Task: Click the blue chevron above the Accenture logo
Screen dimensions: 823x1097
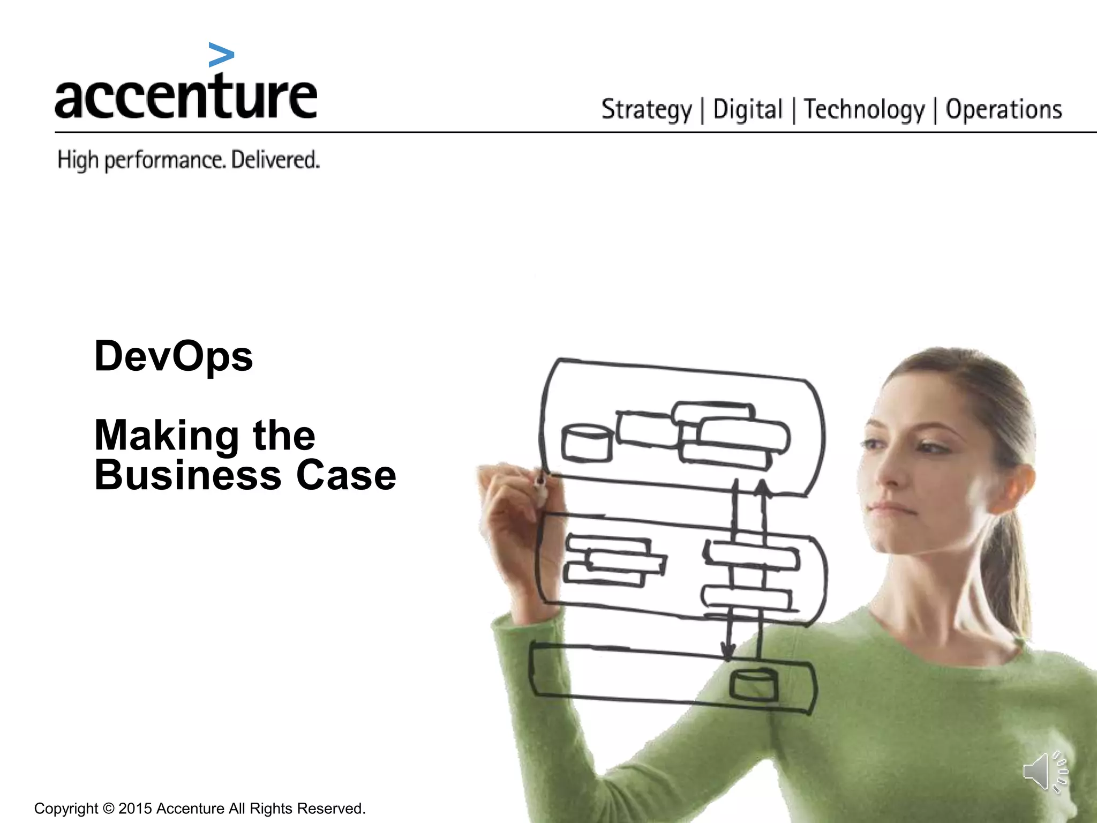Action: pyautogui.click(x=221, y=55)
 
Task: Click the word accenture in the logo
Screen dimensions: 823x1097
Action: pyautogui.click(x=186, y=96)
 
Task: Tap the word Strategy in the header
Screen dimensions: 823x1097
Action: pyautogui.click(x=647, y=110)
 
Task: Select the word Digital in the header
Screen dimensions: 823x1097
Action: pyautogui.click(x=748, y=110)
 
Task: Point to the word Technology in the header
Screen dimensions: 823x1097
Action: pyautogui.click(x=864, y=110)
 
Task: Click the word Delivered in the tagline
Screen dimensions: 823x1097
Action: pyautogui.click(x=275, y=160)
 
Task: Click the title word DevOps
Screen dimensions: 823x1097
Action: pyautogui.click(x=174, y=356)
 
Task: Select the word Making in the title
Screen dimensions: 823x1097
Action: pyautogui.click(x=167, y=436)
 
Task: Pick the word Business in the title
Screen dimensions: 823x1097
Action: pyautogui.click(x=188, y=475)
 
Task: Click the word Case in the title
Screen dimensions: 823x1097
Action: pyautogui.click(x=346, y=475)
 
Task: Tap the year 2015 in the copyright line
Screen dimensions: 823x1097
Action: pyautogui.click(x=135, y=809)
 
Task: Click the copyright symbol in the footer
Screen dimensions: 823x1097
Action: pyautogui.click(x=109, y=809)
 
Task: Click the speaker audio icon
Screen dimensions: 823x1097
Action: pyautogui.click(x=1045, y=772)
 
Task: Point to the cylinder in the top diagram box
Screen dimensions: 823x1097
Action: pyautogui.click(x=587, y=443)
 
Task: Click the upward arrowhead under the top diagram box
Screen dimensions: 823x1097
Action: pyautogui.click(x=763, y=487)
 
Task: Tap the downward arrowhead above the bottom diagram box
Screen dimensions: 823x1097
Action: pyautogui.click(x=728, y=653)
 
